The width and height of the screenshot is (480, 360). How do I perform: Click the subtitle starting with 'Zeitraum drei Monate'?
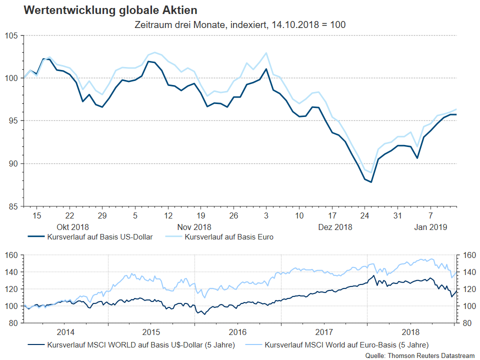tap(240, 24)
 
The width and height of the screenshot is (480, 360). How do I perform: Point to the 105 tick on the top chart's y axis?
tap(12, 35)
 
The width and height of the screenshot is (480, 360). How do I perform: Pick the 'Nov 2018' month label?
tap(194, 226)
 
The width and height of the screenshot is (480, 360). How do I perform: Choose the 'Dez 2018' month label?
tap(335, 226)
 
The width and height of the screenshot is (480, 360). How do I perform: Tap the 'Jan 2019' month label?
tap(430, 226)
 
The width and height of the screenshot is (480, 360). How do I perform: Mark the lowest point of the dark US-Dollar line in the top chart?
tap(371, 182)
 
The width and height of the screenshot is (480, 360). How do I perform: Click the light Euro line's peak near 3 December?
tap(266, 53)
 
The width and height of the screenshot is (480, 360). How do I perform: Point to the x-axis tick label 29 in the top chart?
tap(101, 215)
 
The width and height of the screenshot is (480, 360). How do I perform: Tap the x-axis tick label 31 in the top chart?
tap(397, 215)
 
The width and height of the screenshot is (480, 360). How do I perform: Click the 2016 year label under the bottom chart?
tap(238, 332)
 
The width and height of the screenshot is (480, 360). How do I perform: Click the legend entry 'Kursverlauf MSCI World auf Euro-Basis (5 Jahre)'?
tap(346, 344)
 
